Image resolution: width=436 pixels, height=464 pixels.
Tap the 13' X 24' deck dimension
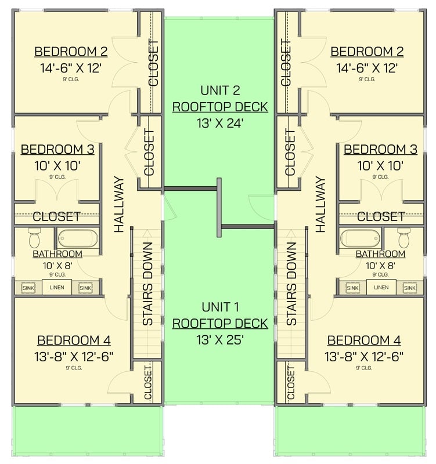point(219,123)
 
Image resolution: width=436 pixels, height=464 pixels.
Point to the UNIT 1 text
point(220,307)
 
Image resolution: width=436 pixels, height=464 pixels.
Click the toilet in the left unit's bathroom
point(34,237)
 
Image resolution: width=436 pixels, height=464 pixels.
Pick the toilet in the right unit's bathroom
point(404,237)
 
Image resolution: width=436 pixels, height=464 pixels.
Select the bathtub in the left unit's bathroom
point(77,238)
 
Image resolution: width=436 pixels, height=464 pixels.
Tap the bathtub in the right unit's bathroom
point(360,238)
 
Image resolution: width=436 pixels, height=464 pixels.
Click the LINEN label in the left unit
point(57,288)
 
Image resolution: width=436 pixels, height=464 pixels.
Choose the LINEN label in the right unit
point(381,288)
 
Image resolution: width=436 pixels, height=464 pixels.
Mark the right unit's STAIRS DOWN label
point(291,284)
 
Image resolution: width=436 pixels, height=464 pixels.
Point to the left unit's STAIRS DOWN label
point(147,284)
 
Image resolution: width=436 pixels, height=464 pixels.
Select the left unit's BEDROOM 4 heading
point(74,340)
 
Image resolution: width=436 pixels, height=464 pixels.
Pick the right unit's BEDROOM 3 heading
point(380,150)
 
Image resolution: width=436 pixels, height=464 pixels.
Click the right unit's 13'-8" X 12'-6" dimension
point(364,356)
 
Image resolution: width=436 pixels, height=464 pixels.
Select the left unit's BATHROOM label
point(57,254)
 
